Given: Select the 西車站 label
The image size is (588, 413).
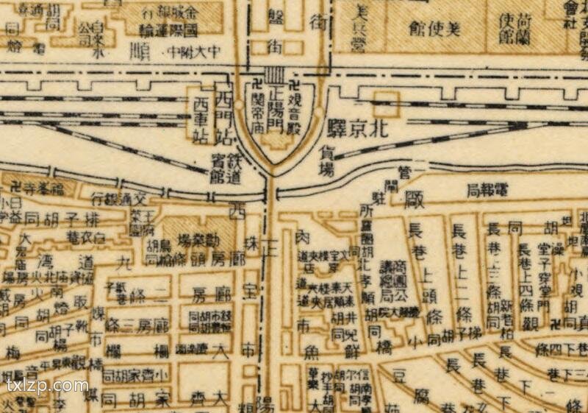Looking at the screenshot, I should pyautogui.click(x=201, y=119).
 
